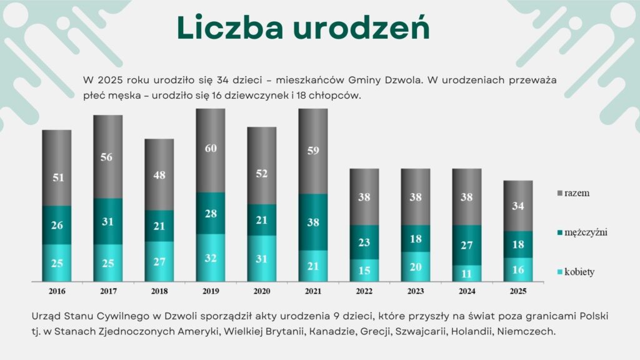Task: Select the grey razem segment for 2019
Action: click(x=211, y=150)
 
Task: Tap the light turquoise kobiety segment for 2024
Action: click(x=467, y=273)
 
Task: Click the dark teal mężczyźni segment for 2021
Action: click(x=313, y=222)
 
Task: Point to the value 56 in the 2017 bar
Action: click(x=108, y=157)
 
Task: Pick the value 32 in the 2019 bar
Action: click(x=211, y=257)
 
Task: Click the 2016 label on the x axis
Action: click(x=57, y=291)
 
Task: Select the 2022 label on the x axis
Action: click(x=364, y=291)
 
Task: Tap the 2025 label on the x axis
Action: click(x=518, y=291)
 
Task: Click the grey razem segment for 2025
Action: click(x=518, y=206)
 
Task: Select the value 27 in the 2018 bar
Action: click(x=159, y=261)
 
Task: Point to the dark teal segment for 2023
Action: click(x=416, y=238)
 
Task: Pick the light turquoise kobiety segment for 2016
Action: click(x=57, y=262)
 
